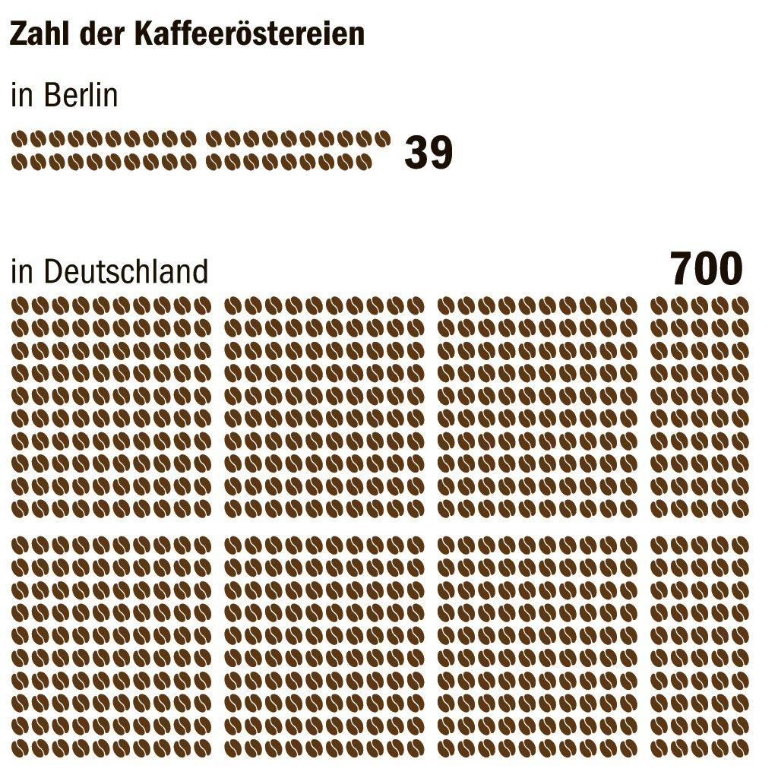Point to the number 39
tap(429, 153)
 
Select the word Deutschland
tap(125, 271)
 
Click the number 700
tap(706, 269)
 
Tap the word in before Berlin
tap(22, 96)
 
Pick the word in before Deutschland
tap(22, 271)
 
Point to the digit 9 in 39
tap(441, 153)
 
